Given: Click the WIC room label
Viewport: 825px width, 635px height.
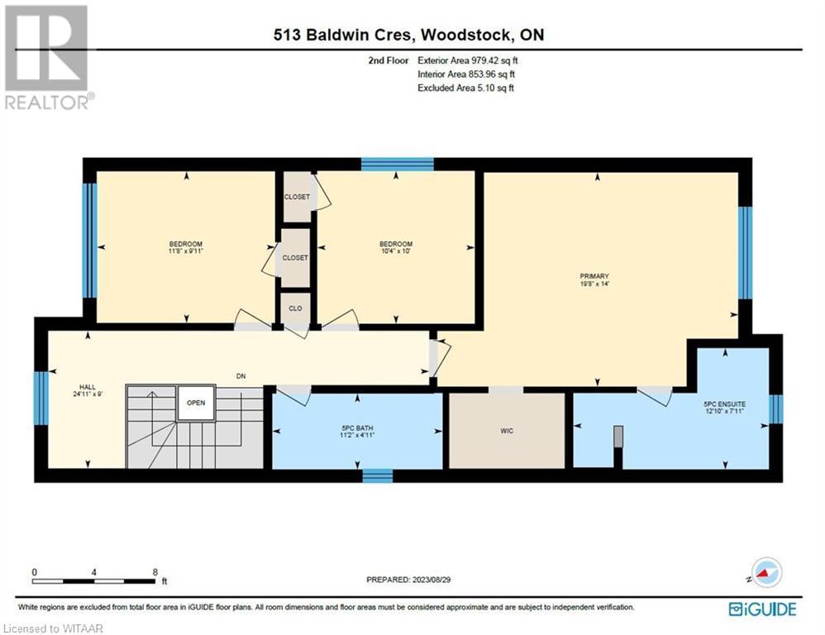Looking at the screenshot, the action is [507, 431].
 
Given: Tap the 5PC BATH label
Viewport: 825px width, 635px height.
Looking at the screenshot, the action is [357, 427].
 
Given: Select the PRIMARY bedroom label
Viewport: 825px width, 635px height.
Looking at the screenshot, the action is [594, 276].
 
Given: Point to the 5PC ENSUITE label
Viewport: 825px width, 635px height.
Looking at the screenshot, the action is [724, 404].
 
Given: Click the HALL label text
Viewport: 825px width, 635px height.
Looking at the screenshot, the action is [88, 387].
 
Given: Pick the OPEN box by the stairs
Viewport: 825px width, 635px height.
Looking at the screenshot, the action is [196, 403].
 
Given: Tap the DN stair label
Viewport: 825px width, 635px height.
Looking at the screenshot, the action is [241, 376].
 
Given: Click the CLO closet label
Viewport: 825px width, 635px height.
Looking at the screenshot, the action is [295, 308].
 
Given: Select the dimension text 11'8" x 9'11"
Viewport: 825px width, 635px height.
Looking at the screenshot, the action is [186, 251].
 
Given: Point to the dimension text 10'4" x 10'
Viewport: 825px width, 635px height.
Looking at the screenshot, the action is [396, 251].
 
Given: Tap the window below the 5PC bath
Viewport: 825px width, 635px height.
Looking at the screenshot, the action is [377, 475].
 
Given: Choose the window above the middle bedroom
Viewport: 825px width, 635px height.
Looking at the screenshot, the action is [398, 165].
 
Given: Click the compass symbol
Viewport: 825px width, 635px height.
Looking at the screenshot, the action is [766, 572].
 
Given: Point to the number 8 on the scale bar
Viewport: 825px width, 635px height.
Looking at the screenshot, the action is [155, 572].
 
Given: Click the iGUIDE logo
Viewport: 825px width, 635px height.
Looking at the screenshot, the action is [762, 609].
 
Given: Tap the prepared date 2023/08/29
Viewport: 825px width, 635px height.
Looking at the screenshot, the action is [431, 580].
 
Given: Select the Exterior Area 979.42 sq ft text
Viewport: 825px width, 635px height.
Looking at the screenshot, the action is [468, 60].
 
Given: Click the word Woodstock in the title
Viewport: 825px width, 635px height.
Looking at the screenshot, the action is [465, 35].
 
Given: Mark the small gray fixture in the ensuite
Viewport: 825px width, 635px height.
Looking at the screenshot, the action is [618, 437].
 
